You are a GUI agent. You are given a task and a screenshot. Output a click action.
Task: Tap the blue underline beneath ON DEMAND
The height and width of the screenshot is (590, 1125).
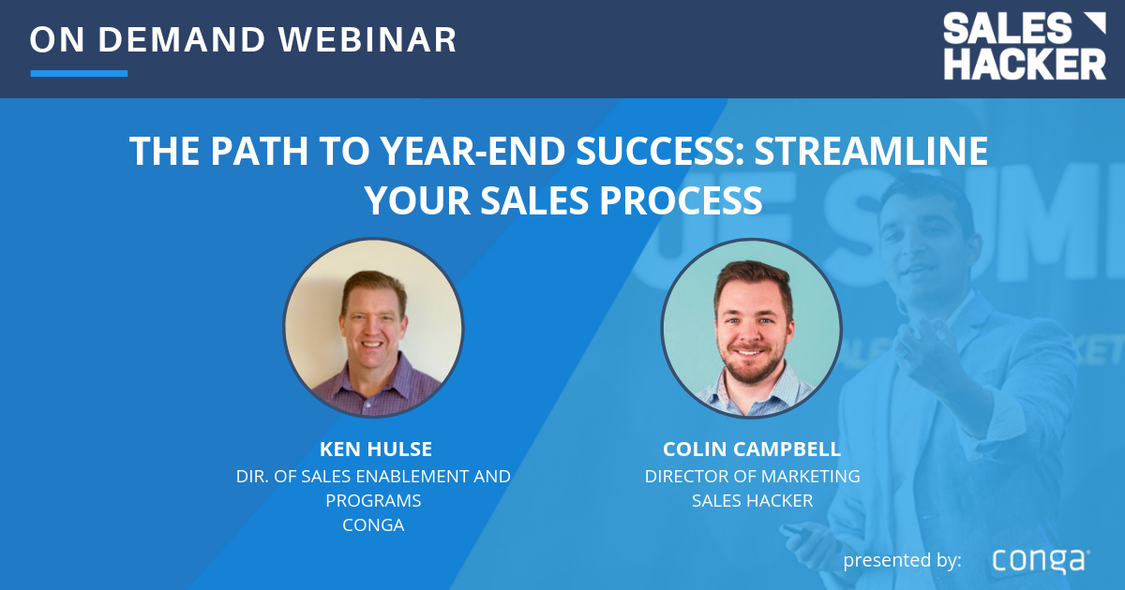click(x=79, y=73)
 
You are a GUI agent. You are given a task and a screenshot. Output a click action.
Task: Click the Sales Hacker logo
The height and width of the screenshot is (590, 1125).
click(x=1024, y=47)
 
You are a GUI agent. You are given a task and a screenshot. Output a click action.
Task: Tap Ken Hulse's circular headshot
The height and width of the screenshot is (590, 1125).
click(x=373, y=327)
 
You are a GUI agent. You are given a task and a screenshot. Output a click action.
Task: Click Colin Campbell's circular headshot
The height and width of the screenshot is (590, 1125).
click(x=751, y=327)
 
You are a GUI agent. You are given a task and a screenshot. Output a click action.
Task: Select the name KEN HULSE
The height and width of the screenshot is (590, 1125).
click(x=373, y=450)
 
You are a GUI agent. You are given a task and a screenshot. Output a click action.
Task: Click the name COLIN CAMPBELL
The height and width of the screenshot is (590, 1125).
click(x=752, y=450)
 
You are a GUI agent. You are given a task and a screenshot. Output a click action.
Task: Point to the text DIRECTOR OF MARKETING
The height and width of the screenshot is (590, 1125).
click(x=752, y=476)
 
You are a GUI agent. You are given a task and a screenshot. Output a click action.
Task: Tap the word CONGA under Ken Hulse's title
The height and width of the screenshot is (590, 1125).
click(x=373, y=524)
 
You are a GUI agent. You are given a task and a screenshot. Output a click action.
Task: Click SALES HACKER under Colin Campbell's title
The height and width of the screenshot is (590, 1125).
click(x=752, y=500)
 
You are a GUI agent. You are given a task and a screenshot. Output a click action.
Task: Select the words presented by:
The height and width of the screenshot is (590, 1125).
click(x=902, y=560)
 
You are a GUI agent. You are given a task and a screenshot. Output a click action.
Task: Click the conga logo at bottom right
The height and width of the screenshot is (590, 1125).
click(x=1041, y=560)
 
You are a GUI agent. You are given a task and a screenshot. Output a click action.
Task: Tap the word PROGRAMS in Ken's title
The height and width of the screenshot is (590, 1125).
click(x=373, y=500)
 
